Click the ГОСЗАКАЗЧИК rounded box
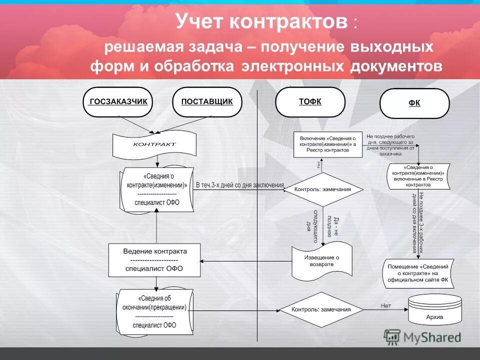(x=117, y=102)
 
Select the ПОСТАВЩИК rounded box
(x=207, y=102)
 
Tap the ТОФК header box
(x=310, y=102)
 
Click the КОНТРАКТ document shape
(x=154, y=144)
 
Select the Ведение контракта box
(x=154, y=260)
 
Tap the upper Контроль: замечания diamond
(x=322, y=189)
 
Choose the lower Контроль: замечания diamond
(x=321, y=309)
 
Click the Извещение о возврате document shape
(x=322, y=260)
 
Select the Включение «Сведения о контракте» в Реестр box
(x=328, y=144)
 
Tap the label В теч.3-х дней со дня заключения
(x=239, y=185)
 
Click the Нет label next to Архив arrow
(x=385, y=305)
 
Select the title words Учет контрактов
(x=261, y=21)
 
